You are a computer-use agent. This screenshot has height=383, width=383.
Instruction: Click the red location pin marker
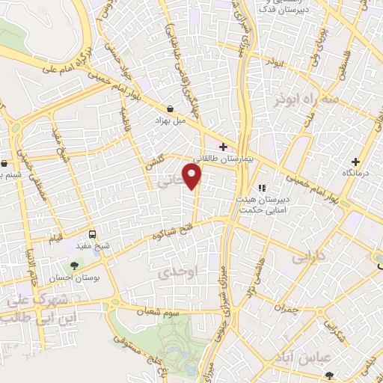(x=194, y=177)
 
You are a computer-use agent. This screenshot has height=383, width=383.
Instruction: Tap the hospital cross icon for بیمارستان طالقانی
(x=223, y=145)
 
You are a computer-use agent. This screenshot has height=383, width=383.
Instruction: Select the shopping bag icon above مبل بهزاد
(x=171, y=108)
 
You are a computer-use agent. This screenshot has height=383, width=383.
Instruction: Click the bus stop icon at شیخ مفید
(x=91, y=233)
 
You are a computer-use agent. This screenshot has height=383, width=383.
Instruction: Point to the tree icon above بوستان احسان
(x=74, y=264)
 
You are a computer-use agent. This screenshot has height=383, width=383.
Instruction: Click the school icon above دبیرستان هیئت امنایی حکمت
(x=262, y=188)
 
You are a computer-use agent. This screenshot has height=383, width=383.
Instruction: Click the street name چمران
(x=287, y=307)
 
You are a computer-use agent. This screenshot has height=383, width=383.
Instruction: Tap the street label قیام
(x=55, y=237)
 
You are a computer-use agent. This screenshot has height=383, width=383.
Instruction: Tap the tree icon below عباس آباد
(x=345, y=373)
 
